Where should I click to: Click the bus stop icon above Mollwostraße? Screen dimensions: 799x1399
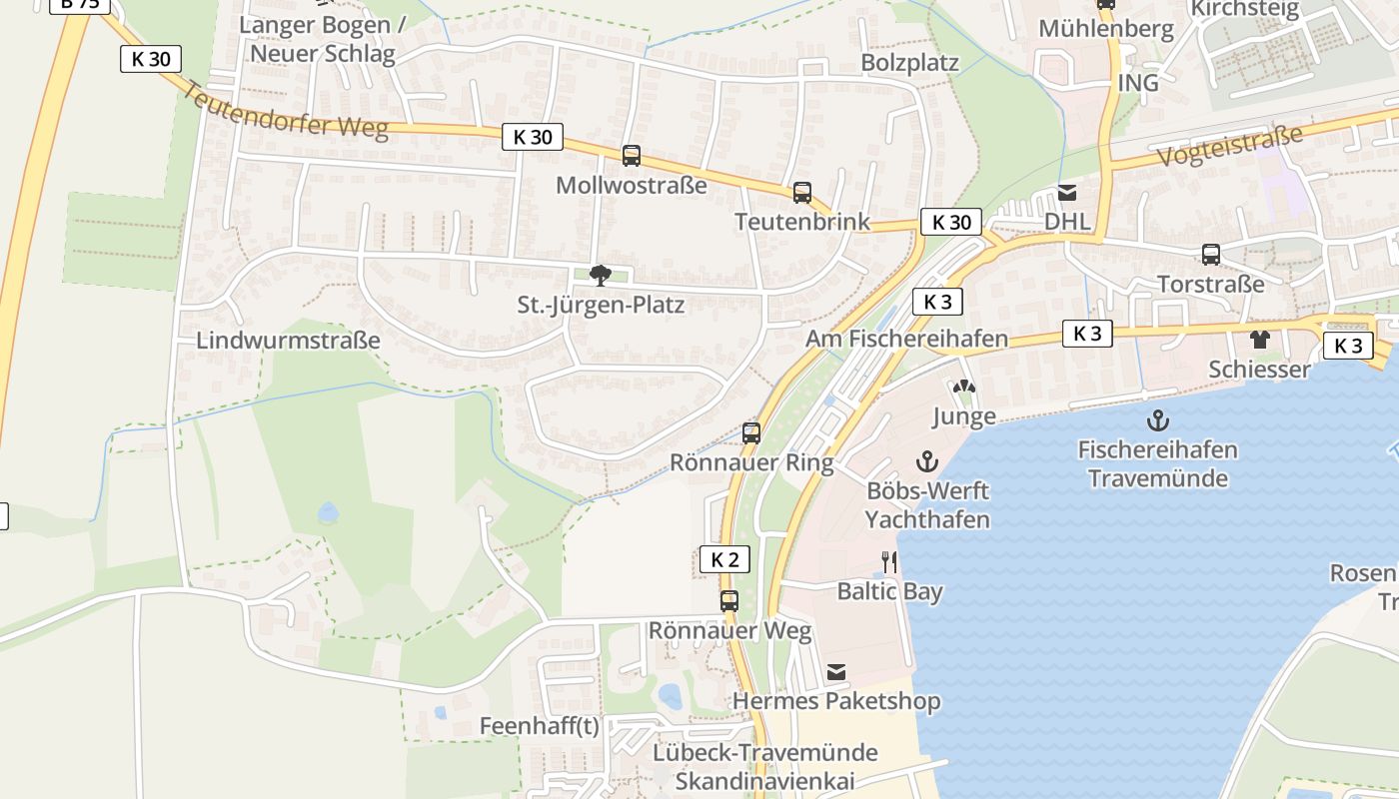632,156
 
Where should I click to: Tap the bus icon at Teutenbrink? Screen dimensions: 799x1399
802,193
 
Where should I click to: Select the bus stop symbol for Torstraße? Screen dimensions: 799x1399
1211,255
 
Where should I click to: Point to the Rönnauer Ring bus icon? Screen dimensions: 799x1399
751,433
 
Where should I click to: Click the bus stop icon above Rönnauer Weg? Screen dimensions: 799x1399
729,601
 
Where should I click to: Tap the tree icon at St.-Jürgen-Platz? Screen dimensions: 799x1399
601,275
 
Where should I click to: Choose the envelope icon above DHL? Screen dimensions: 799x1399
1067,193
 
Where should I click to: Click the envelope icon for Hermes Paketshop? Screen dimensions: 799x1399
836,672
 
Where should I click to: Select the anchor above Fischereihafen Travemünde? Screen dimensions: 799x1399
1157,420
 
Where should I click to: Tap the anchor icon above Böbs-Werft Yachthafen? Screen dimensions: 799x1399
927,461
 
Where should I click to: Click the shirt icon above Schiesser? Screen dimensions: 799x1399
1259,340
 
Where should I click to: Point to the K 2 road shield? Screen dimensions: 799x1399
724,559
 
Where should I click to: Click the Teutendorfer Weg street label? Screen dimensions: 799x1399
286,111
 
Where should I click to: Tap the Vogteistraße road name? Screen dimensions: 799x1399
1231,147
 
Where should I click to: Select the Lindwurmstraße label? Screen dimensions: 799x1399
288,340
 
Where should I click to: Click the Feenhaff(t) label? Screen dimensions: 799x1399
539,726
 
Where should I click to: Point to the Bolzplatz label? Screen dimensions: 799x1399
909,63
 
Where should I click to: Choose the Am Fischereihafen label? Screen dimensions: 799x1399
906,339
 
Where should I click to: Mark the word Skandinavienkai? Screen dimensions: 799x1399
766,780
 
